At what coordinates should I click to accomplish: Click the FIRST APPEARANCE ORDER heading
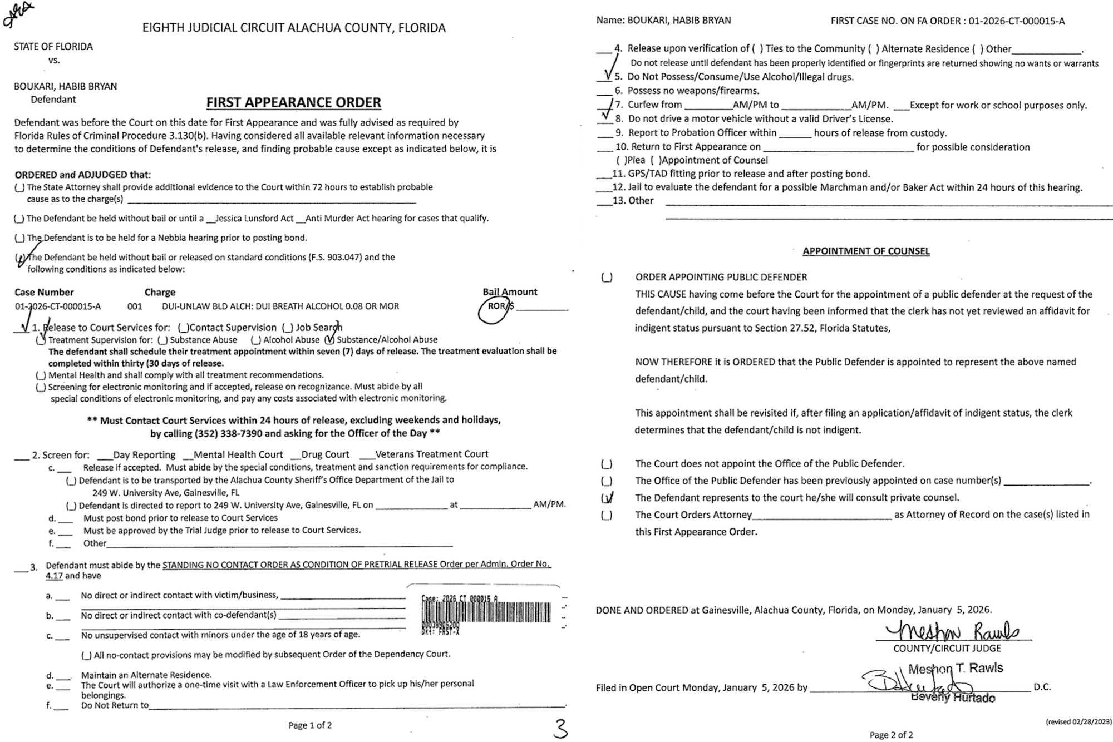click(294, 103)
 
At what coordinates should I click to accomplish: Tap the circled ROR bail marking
click(495, 308)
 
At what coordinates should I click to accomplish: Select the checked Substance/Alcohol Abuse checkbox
click(330, 339)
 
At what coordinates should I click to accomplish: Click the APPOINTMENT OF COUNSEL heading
click(866, 251)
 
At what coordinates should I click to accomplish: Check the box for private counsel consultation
click(607, 498)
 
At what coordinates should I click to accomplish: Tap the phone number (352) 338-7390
click(229, 433)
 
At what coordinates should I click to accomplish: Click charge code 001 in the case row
click(135, 306)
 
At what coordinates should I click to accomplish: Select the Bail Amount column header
click(510, 292)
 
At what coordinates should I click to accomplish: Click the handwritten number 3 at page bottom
click(560, 728)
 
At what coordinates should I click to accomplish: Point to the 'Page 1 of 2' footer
click(310, 725)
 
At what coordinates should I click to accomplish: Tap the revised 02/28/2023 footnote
click(1078, 722)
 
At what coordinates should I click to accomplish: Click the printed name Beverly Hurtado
click(953, 698)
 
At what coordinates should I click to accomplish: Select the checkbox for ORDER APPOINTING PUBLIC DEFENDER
click(607, 278)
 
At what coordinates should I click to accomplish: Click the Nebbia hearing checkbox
click(19, 238)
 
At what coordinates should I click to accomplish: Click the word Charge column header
click(160, 293)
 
